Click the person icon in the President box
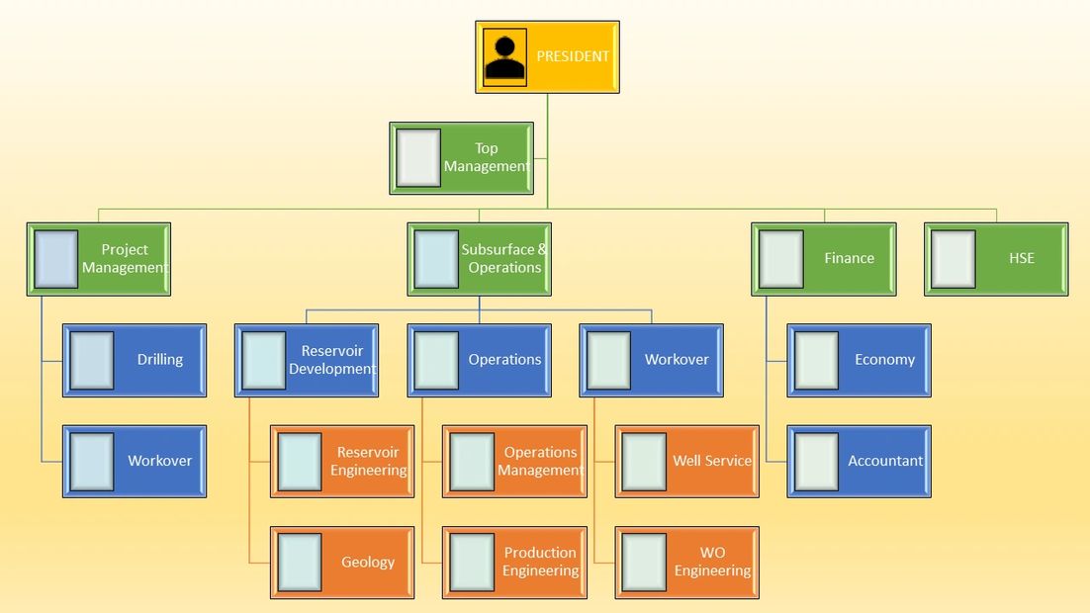504,57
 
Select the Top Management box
462,158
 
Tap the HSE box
996,259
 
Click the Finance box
824,259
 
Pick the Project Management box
99,259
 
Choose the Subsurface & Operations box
480,259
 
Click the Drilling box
135,360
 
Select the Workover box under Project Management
135,461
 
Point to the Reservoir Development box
307,360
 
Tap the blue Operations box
480,360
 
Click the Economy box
860,360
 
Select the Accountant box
860,461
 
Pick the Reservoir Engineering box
342,462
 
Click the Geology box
342,563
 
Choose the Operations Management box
514,462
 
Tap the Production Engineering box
514,563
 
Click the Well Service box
687,462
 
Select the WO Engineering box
687,563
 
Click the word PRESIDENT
573,57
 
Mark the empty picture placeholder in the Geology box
300,563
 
